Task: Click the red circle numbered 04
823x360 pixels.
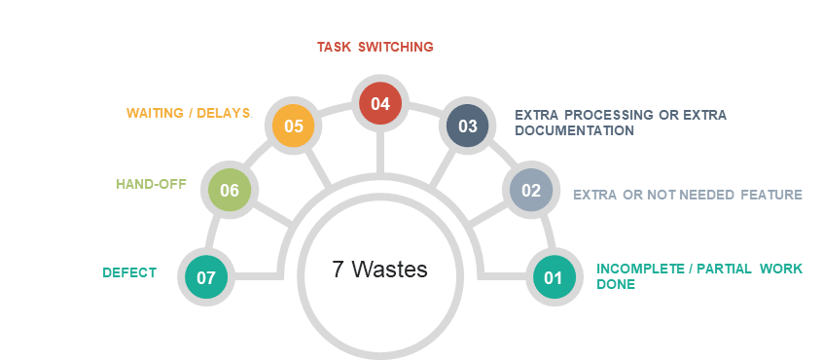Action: (x=379, y=103)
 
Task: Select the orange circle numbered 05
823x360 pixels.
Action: (x=294, y=126)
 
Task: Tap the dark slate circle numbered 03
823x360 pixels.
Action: (x=467, y=126)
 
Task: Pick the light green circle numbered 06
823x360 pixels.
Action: (x=230, y=190)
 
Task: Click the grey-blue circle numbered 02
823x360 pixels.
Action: (x=531, y=190)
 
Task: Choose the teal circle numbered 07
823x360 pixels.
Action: (x=206, y=277)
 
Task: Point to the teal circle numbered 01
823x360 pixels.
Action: (x=554, y=277)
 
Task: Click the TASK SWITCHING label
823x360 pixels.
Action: (x=376, y=47)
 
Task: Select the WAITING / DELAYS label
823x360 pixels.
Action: (x=189, y=113)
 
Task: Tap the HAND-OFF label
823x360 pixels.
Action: (x=151, y=184)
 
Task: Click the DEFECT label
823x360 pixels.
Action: (x=129, y=273)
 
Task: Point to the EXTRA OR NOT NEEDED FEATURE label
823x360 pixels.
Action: (x=687, y=195)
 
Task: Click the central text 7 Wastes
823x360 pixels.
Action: (x=379, y=270)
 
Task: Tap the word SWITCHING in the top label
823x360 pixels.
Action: (x=396, y=47)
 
